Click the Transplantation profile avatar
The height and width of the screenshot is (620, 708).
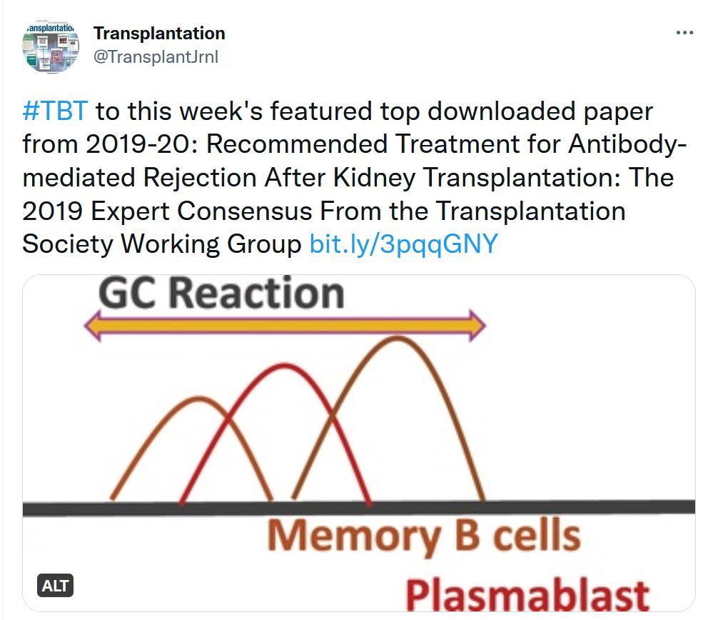coord(51,46)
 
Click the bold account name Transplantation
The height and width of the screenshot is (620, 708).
coord(159,34)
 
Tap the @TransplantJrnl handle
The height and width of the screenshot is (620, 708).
coord(156,57)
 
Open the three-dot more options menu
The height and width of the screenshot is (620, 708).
coord(684,33)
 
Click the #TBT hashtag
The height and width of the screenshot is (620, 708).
coord(55,111)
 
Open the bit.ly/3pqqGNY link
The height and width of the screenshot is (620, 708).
coord(403,244)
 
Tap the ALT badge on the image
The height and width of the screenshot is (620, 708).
coord(55,586)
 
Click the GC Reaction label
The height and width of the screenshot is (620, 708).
coord(221,293)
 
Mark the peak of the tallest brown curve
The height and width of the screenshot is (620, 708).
coord(398,338)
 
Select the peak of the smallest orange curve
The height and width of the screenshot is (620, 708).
coord(198,398)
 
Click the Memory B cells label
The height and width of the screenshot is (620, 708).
coord(423,536)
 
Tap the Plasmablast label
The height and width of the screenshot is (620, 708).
coord(527,595)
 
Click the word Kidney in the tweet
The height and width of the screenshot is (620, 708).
coord(374,178)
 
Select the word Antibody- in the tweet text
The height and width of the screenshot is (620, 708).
coord(627,144)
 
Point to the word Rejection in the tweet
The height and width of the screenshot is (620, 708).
coord(200,178)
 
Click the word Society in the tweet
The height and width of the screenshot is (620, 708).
coord(68,244)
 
